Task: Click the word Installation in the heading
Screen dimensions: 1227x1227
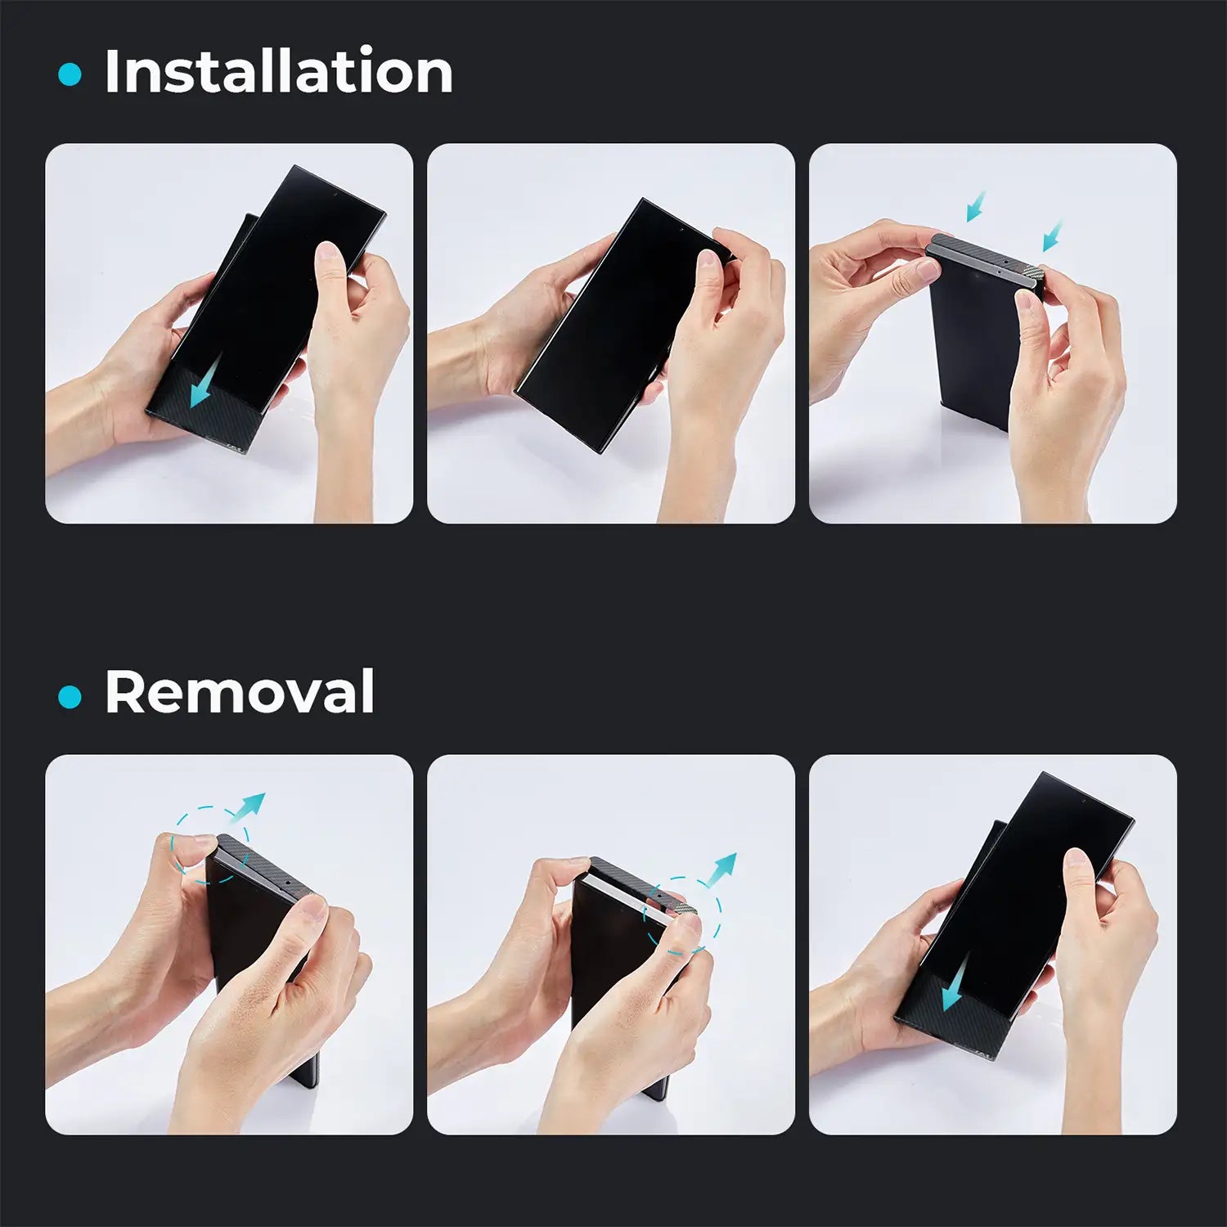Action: click(278, 71)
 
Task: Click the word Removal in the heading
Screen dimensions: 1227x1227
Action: click(240, 692)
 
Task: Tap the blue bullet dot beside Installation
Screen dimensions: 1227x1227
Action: click(70, 74)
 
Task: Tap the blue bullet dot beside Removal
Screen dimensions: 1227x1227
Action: click(70, 697)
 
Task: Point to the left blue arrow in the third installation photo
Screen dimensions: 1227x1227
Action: click(977, 206)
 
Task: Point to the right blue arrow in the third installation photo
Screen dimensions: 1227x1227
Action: click(1053, 236)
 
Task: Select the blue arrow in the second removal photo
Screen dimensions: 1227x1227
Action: click(721, 870)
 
